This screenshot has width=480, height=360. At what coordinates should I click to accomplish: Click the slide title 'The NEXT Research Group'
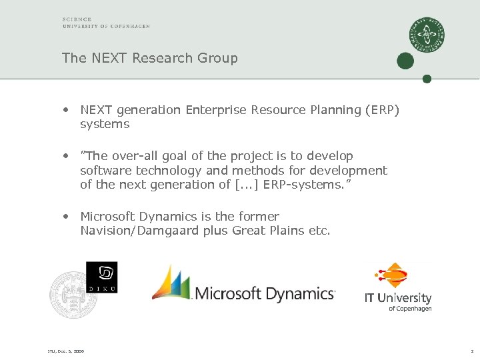tap(149, 58)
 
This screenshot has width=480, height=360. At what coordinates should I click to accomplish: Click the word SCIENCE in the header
tap(77, 19)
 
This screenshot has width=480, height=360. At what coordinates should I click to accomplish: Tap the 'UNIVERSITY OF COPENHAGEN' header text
tap(106, 27)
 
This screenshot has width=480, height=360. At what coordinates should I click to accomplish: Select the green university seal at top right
tap(427, 35)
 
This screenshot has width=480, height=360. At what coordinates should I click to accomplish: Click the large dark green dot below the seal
tap(405, 61)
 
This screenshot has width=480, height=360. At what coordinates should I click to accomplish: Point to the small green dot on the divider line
tap(427, 79)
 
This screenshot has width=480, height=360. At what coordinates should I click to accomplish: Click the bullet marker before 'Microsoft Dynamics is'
tap(67, 217)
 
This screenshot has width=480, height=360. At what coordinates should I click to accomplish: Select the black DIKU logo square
tap(101, 277)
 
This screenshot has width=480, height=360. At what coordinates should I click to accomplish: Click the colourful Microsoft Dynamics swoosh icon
tap(172, 283)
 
